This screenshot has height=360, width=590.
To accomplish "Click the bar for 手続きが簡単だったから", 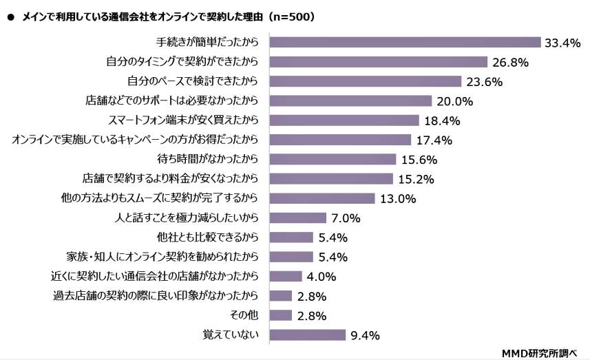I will point(405,43).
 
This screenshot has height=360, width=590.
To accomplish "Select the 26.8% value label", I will point(510,63).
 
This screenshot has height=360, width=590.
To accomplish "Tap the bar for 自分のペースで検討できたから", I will point(365,82).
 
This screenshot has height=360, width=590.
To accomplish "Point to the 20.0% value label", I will point(454,101).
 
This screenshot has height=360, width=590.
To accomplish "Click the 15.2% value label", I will point(415,179).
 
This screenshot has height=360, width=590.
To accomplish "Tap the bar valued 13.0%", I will point(322,198).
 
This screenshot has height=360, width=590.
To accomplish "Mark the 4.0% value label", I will point(321,277).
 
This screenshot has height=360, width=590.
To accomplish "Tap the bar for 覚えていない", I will point(307,335).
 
